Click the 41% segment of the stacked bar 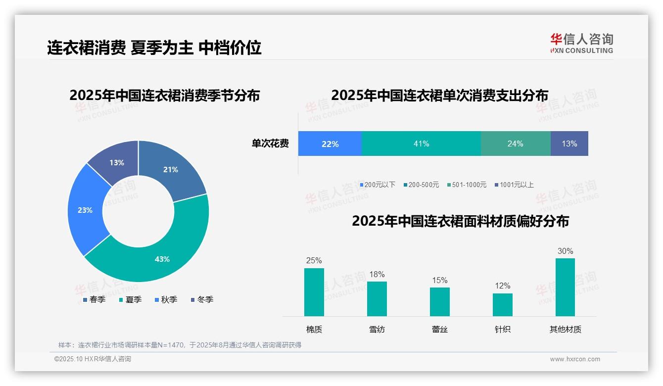tap(421, 144)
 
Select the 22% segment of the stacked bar tap(330, 144)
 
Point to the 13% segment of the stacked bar tap(569, 144)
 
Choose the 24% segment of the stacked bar tap(515, 144)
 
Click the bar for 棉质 tap(314, 292)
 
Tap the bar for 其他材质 tap(565, 287)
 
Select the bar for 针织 tap(502, 304)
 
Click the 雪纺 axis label tap(377, 329)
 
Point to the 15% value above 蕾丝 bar tap(439, 281)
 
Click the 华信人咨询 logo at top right tap(581, 43)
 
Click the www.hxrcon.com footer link tap(575, 359)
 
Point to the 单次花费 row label tap(270, 144)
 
